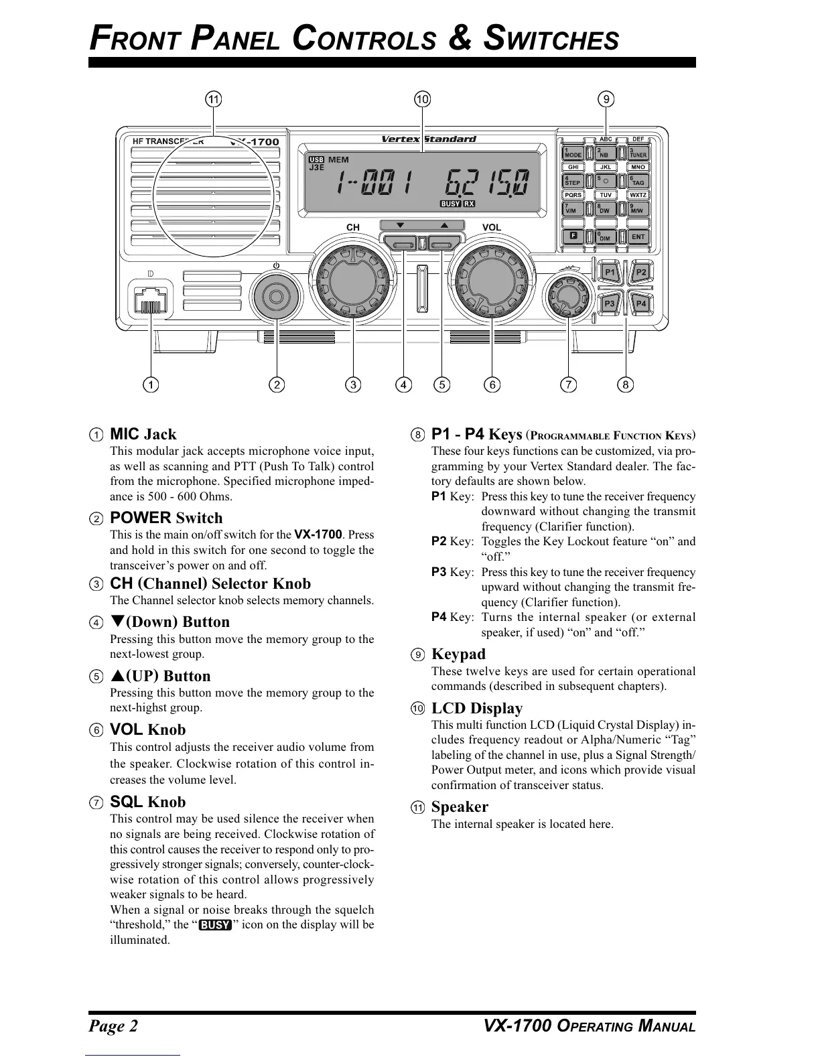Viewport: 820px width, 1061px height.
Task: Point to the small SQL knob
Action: point(568,295)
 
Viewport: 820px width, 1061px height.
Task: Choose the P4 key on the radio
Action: point(641,304)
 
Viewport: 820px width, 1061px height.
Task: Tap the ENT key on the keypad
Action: point(638,236)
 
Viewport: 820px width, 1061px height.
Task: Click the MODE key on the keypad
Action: point(573,153)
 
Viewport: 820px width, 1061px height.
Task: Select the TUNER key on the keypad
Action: point(638,153)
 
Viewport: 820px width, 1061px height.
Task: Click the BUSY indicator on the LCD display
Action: point(450,204)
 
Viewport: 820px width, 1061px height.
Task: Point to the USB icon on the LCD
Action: point(316,159)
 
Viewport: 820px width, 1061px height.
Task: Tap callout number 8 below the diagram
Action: point(626,384)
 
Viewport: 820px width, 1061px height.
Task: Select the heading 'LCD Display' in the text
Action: point(477,708)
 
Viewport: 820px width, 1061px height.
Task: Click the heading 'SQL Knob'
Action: point(147,802)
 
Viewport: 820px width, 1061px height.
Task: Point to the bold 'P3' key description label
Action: point(439,572)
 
